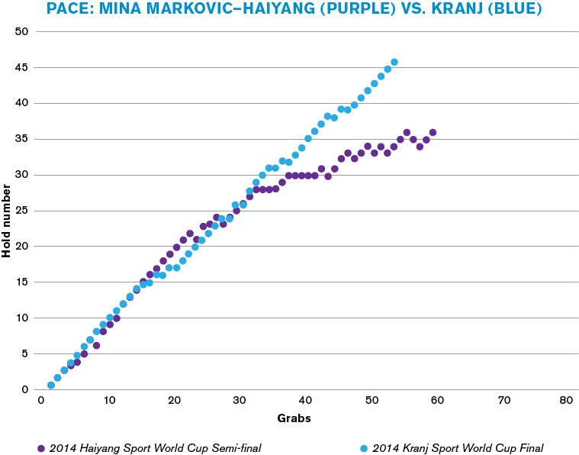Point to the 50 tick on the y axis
pos(21,31)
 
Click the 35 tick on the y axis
pos(21,139)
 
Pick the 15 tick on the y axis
pos(21,282)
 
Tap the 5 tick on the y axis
pos(24,353)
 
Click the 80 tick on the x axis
pos(565,401)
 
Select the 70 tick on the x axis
pos(500,401)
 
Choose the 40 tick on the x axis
pos(305,401)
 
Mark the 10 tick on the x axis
pos(109,401)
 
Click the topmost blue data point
pos(394,62)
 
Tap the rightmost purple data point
pos(433,132)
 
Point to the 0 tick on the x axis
pos(43,401)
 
